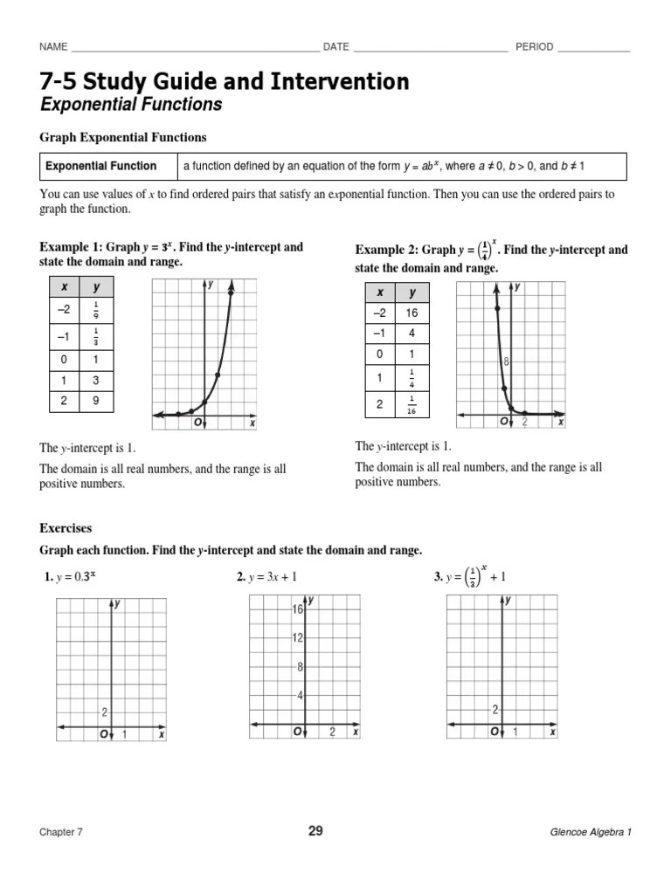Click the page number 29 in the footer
pos(315,831)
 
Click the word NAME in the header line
pos(54,47)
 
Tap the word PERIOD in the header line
pos(534,47)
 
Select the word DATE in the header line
pos(336,47)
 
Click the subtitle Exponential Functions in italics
pos(131,106)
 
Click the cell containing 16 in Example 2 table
pos(412,313)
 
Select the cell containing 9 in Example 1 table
pos(96,402)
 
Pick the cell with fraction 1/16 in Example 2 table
pos(412,405)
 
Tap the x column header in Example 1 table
pos(64,287)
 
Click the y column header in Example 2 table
pos(412,293)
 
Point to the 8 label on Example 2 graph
pos(505,361)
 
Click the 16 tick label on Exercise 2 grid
pos(297,609)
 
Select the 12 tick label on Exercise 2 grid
pos(297,638)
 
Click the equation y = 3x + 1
pos(273,577)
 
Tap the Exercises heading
pos(66,528)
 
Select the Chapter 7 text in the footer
pos(61,832)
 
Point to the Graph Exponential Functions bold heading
pos(123,137)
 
